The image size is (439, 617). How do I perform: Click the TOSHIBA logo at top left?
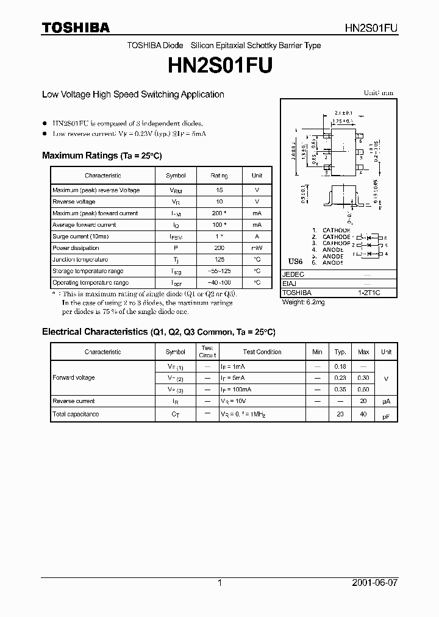click(76, 27)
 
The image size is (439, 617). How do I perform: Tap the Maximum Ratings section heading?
click(102, 155)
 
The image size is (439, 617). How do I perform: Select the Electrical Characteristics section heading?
click(159, 332)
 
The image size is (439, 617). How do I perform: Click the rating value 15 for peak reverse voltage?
click(219, 190)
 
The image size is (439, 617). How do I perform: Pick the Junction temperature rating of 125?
click(219, 260)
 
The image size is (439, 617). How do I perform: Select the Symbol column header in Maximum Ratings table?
click(176, 176)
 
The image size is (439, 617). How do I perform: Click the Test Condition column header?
click(262, 352)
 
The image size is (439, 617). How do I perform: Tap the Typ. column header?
click(340, 352)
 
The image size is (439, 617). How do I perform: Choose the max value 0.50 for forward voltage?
click(363, 389)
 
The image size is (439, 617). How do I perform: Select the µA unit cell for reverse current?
click(386, 401)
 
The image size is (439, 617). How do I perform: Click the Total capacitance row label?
click(76, 414)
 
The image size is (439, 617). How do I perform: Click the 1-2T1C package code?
click(368, 293)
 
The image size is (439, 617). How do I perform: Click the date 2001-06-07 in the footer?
click(375, 582)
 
